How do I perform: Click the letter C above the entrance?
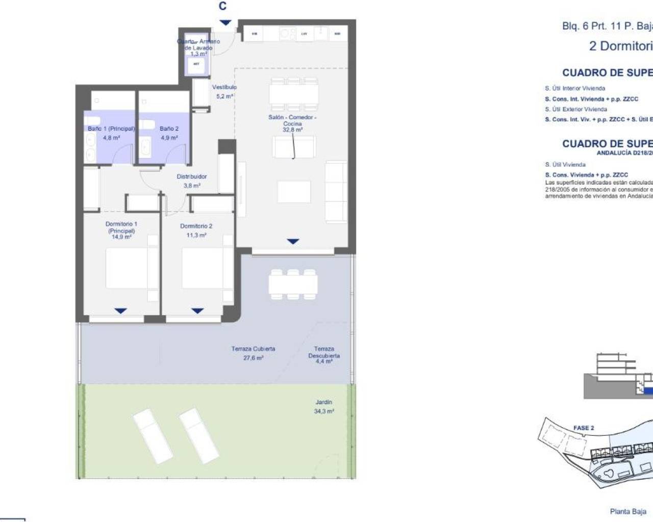pyautogui.click(x=222, y=6)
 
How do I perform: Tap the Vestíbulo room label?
pyautogui.click(x=224, y=87)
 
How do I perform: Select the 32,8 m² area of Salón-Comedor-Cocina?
pyautogui.click(x=292, y=130)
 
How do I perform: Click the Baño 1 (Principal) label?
pyautogui.click(x=111, y=129)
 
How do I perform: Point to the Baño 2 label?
pyautogui.click(x=169, y=129)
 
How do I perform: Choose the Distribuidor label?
pyautogui.click(x=192, y=177)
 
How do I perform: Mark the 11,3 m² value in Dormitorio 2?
pyautogui.click(x=196, y=236)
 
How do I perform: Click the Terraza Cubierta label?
pyautogui.click(x=253, y=349)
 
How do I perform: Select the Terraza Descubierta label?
pyautogui.click(x=324, y=352)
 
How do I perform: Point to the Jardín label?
pyautogui.click(x=324, y=402)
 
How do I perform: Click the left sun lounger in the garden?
pyautogui.click(x=152, y=436)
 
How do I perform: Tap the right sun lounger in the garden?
pyautogui.click(x=198, y=435)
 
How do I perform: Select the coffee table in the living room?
pyautogui.click(x=294, y=192)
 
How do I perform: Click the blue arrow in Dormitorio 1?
pyautogui.click(x=120, y=311)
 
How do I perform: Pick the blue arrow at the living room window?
pyautogui.click(x=293, y=242)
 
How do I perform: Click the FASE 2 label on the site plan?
pyautogui.click(x=584, y=428)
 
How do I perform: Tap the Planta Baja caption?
pyautogui.click(x=628, y=511)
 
